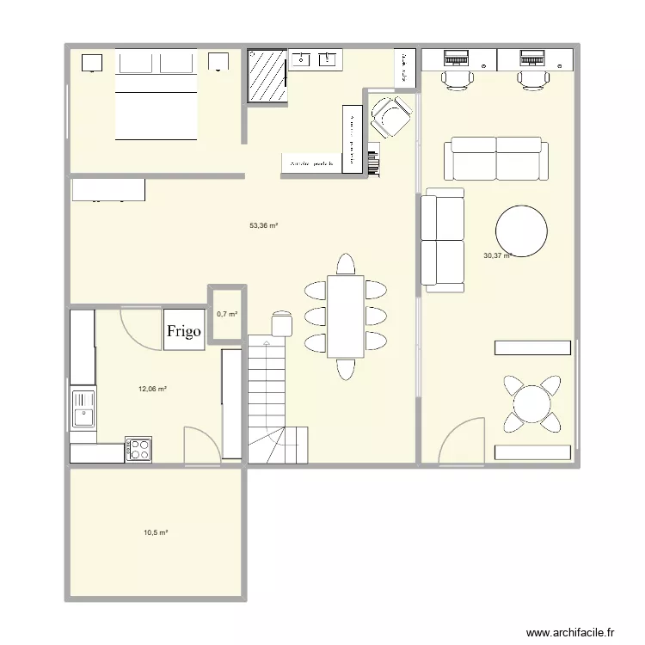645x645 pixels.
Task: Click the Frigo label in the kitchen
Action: (x=184, y=331)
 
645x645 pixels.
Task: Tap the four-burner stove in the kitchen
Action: (x=139, y=449)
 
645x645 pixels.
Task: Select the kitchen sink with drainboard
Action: (x=83, y=408)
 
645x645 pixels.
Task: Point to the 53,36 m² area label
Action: (x=263, y=226)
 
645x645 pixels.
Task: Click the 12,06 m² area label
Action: (x=152, y=389)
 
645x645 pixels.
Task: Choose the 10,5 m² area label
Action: (x=156, y=533)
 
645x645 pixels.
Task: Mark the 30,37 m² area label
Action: (x=497, y=255)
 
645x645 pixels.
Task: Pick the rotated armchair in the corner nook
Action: (x=390, y=116)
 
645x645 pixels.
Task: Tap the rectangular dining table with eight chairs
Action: (x=346, y=316)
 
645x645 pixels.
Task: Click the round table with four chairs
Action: (x=532, y=404)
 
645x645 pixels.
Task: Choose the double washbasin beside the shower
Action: (x=315, y=59)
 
